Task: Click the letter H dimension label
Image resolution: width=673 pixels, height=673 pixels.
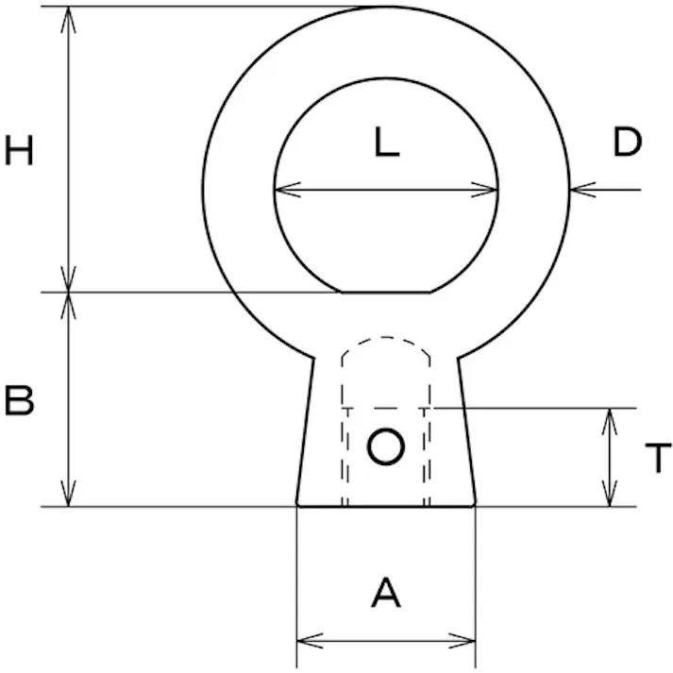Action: (19, 150)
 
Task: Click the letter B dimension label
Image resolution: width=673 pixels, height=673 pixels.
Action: (19, 401)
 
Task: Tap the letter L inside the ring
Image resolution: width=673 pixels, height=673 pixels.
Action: (387, 142)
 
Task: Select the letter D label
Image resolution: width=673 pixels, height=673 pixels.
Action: (627, 143)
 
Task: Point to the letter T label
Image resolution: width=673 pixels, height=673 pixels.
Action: (658, 458)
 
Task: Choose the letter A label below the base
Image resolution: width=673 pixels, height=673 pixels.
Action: (386, 593)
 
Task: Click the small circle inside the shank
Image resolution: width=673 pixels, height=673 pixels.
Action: (385, 446)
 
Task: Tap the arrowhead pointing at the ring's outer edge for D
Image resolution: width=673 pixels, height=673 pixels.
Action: (583, 190)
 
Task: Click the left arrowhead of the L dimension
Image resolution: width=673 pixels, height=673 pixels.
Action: (288, 190)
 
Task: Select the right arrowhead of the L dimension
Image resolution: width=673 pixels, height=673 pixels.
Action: (484, 190)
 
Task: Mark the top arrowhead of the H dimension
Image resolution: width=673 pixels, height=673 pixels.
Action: (68, 20)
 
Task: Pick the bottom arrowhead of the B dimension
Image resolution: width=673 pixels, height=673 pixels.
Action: (68, 493)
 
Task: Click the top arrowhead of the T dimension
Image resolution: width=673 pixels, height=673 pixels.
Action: (610, 422)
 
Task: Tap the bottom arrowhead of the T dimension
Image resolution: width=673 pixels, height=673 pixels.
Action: (610, 493)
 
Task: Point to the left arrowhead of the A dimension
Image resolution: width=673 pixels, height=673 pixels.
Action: (310, 641)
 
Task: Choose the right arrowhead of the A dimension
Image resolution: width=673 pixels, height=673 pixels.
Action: (463, 641)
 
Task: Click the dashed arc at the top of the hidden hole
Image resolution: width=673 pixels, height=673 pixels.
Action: (385, 337)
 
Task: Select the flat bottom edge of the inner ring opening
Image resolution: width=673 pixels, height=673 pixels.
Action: (386, 293)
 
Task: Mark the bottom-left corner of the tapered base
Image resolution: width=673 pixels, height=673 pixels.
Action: (297, 506)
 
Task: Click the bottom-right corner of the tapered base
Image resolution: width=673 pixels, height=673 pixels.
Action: (475, 506)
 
